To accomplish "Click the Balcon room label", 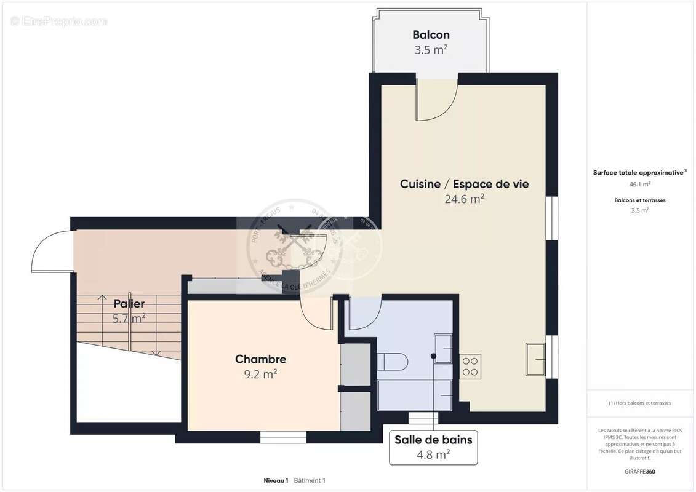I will [431, 35].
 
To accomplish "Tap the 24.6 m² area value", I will [464, 199].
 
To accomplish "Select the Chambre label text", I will [260, 359].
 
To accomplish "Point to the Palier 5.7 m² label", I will [129, 311].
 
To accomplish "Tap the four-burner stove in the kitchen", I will [471, 366].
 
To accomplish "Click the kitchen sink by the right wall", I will [535, 359].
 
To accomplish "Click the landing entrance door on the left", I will [52, 251].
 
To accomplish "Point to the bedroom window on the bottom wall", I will [283, 437].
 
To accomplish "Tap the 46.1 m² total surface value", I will [640, 183].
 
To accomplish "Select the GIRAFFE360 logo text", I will [640, 472].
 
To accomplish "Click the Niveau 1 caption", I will [276, 480].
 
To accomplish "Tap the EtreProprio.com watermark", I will [59, 22].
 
